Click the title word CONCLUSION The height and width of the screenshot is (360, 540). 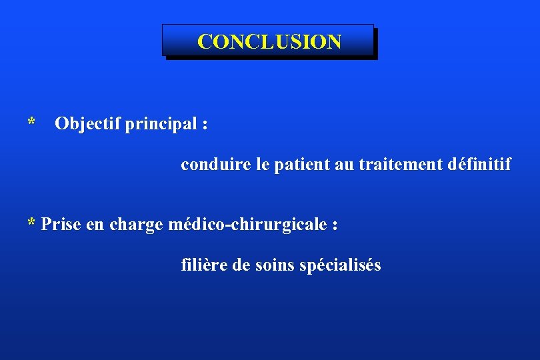(x=269, y=42)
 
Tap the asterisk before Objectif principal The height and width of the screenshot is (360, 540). (x=31, y=123)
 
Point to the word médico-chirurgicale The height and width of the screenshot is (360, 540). (x=246, y=225)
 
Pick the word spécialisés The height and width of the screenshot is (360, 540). (x=340, y=265)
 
